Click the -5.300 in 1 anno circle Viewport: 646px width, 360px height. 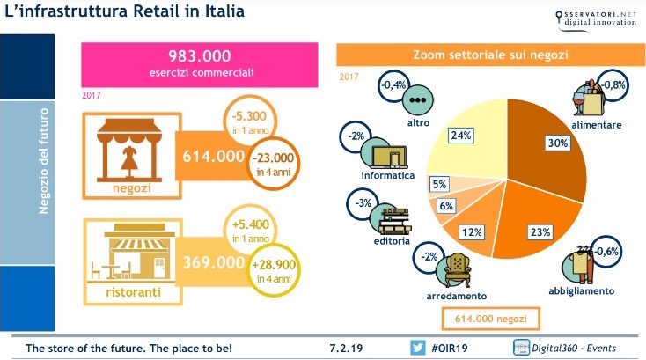coord(239,120)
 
